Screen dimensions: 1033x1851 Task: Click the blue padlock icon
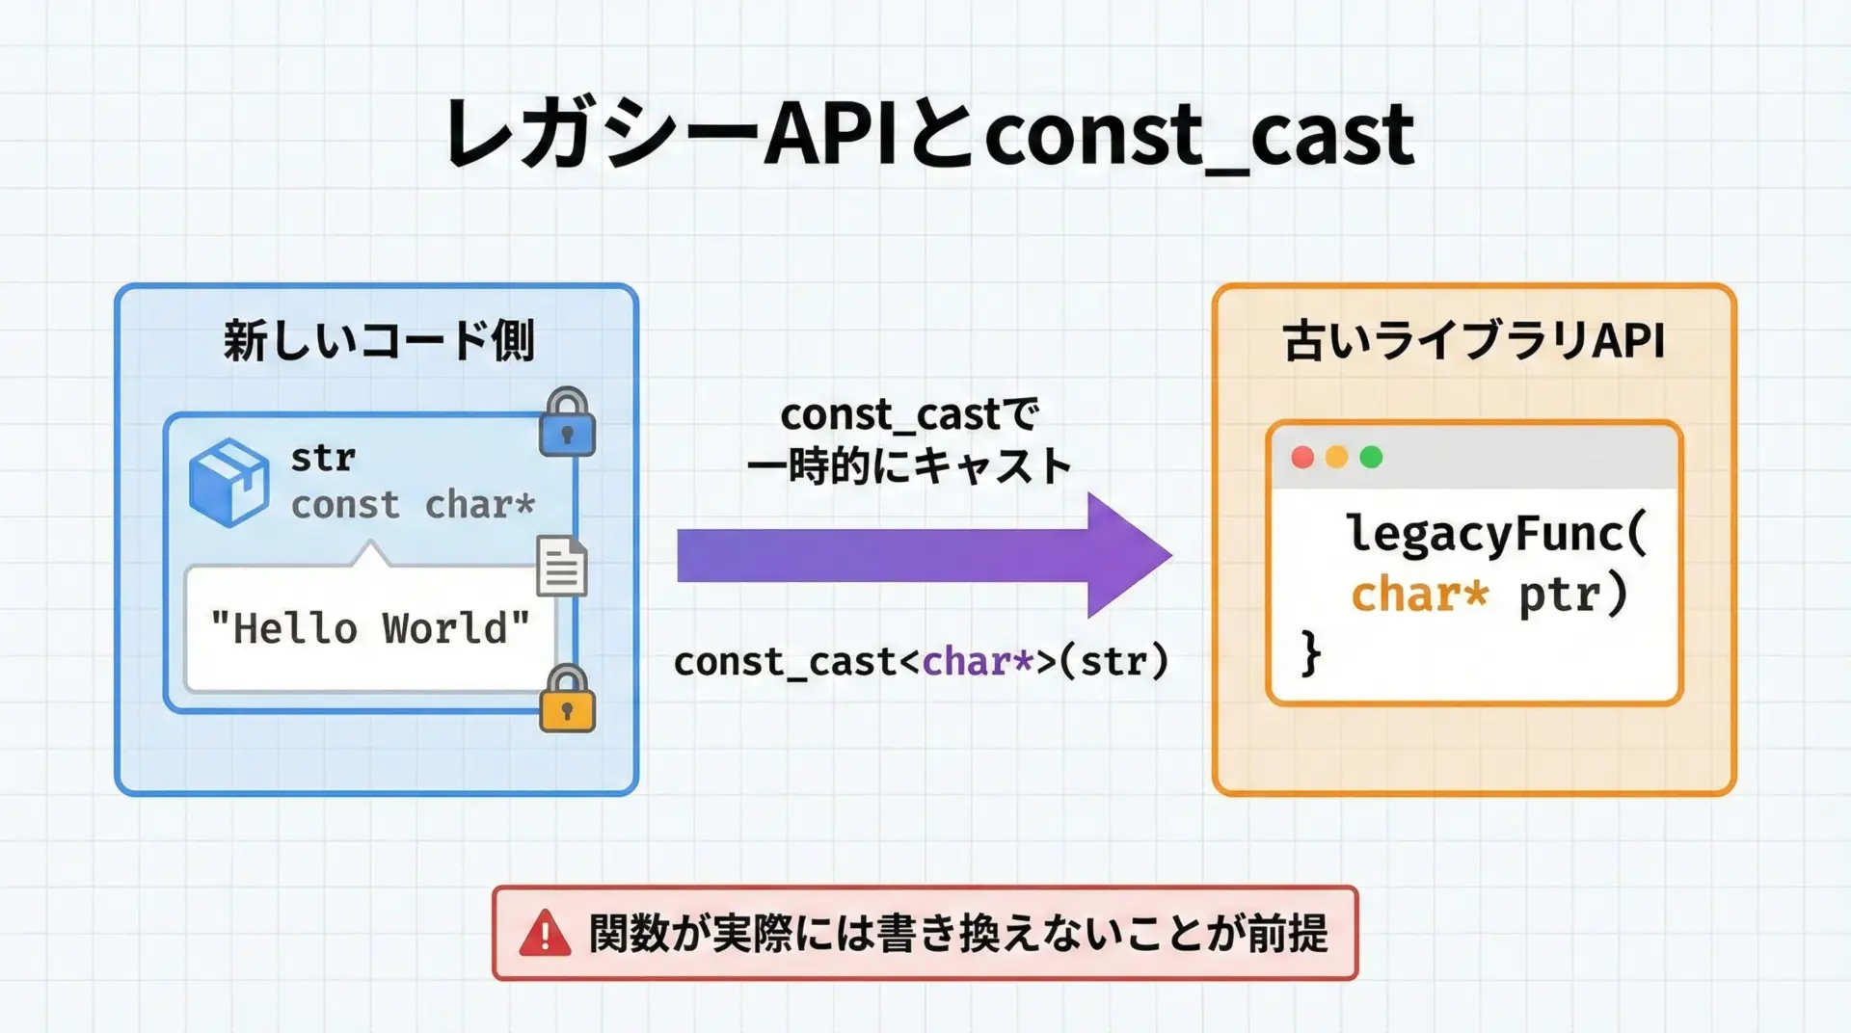point(567,424)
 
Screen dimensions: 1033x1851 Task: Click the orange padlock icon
point(567,701)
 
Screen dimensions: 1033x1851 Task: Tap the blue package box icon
point(229,483)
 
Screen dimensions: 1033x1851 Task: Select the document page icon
point(562,566)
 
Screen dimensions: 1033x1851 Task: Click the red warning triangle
point(546,934)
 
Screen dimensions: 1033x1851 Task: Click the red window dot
point(1302,458)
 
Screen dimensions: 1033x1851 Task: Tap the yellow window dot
point(1336,458)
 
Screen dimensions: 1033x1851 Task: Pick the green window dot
point(1370,458)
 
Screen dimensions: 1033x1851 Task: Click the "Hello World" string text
point(370,629)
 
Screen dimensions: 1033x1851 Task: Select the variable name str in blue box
point(323,458)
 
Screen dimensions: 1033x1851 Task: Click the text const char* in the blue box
point(413,505)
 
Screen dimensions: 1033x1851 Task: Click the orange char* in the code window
point(1419,595)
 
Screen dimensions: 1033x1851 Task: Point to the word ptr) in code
point(1573,595)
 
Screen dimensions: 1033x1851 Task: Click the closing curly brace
point(1310,653)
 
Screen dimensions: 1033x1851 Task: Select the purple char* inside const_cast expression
point(978,662)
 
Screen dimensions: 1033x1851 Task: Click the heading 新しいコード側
point(378,341)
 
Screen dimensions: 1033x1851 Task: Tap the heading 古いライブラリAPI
point(1473,341)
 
